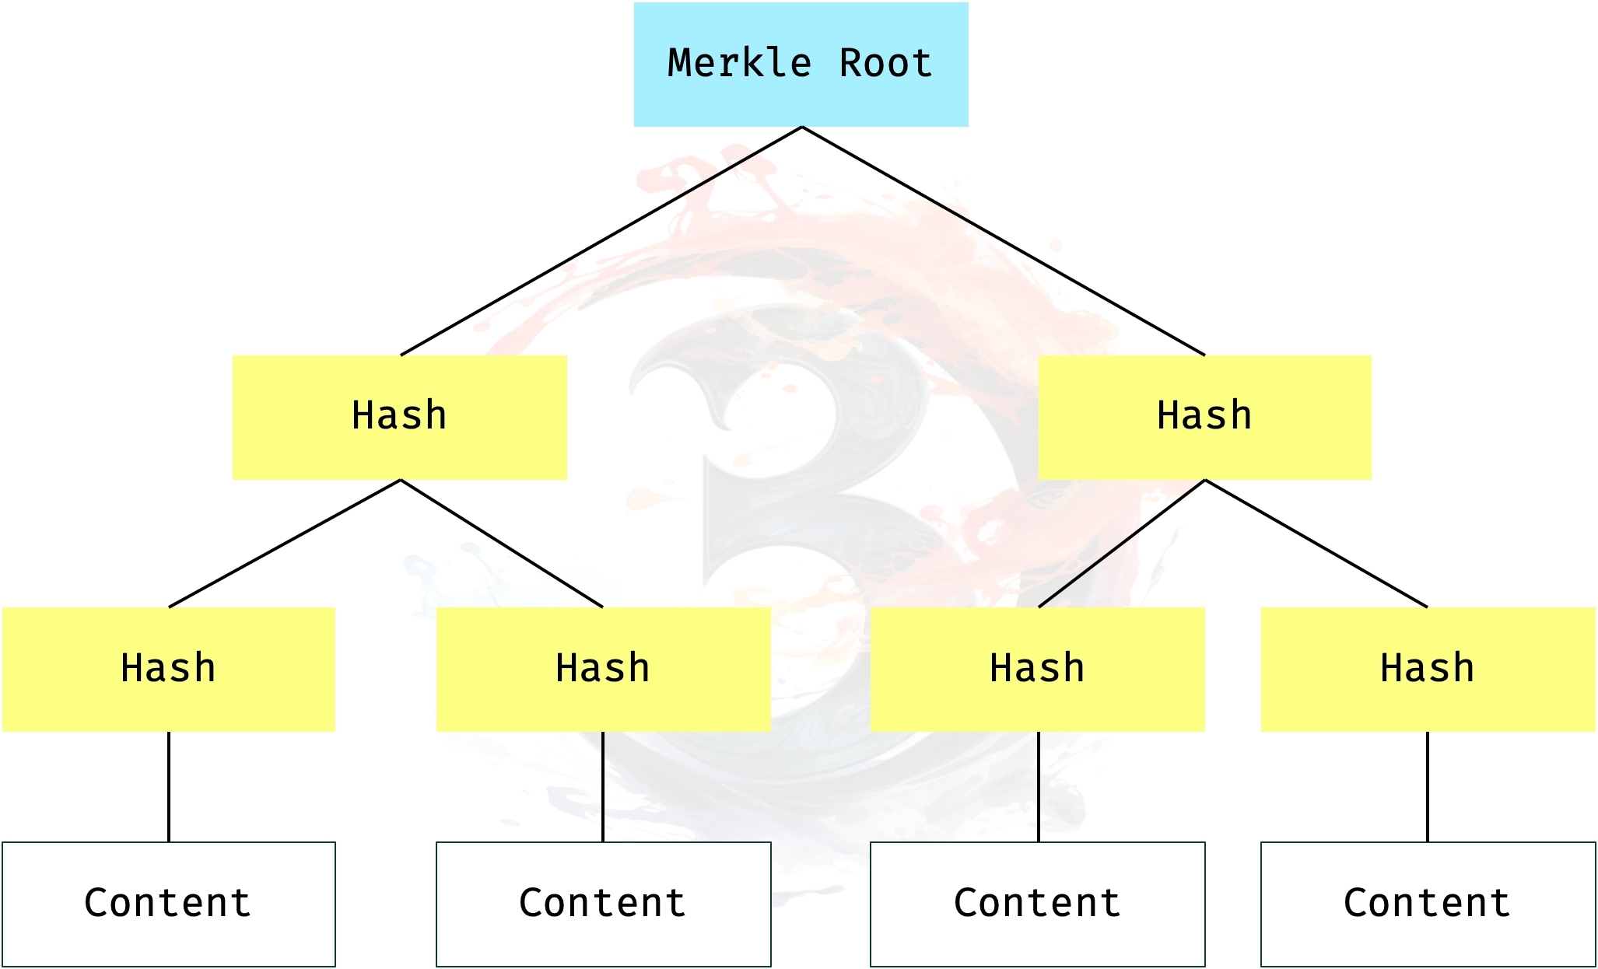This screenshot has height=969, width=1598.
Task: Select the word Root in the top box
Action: [x=885, y=63]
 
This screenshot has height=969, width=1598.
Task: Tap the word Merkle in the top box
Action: [x=739, y=63]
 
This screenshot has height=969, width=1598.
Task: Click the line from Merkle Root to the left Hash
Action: [x=601, y=241]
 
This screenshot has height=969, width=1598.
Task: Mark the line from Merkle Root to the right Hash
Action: [x=1004, y=241]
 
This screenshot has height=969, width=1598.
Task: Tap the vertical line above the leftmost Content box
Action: [x=169, y=786]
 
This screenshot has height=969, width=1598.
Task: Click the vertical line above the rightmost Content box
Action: [x=1428, y=786]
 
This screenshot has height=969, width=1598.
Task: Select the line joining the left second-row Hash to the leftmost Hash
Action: [x=285, y=543]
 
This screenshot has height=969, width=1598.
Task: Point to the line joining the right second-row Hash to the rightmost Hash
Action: [x=1316, y=543]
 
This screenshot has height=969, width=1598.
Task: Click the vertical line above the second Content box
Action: [x=603, y=786]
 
